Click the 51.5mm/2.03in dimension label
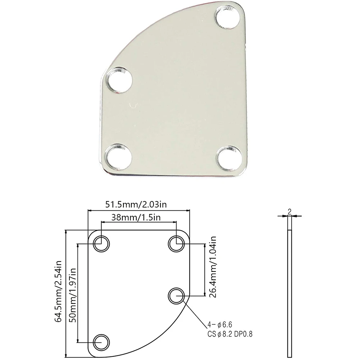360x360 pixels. point(136,205)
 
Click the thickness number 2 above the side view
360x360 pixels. point(290,211)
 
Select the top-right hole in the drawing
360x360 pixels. point(176,243)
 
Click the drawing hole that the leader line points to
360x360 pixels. point(176,296)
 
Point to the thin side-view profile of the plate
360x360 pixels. point(290,288)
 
